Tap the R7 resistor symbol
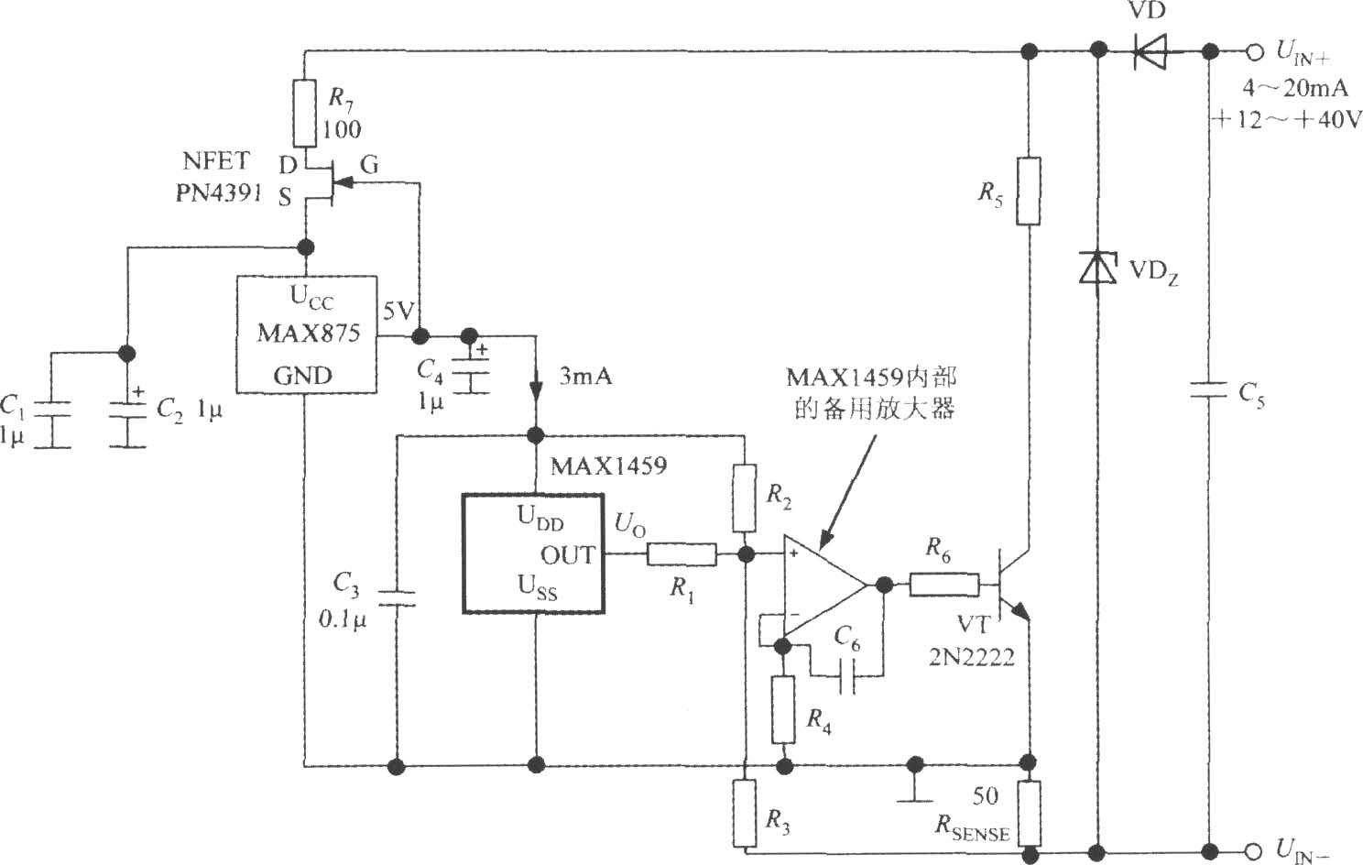coord(305,114)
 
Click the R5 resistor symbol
coord(1029,192)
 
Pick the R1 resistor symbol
coord(681,554)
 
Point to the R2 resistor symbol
coord(745,498)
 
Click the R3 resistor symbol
coord(745,814)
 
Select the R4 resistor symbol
coord(784,709)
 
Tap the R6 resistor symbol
coord(945,585)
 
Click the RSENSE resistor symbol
coord(1029,815)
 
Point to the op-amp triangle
coord(824,586)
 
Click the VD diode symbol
coord(1150,51)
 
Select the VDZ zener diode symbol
coord(1097,268)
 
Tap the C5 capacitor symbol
coord(1209,389)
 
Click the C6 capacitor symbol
coord(846,675)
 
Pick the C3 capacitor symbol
coord(396,597)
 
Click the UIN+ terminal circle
coord(1255,52)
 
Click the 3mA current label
coord(585,377)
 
